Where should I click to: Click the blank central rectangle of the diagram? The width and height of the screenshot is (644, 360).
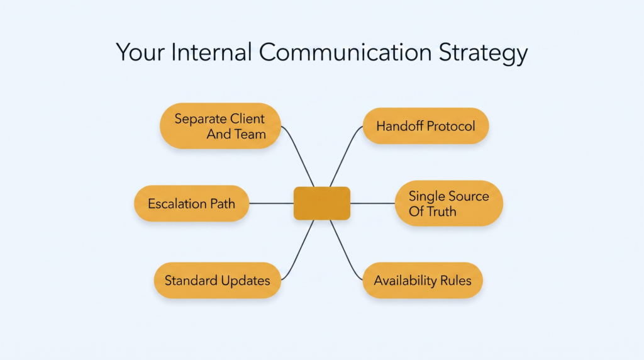(322, 203)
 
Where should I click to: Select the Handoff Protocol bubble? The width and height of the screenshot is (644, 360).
(426, 126)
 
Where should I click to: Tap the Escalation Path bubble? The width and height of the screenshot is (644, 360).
(191, 203)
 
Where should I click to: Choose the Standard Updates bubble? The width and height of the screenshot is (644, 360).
(217, 280)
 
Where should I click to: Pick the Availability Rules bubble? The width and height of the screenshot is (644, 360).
(423, 280)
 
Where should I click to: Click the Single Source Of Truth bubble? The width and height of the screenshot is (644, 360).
(449, 203)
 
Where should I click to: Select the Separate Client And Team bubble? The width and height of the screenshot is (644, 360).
(220, 126)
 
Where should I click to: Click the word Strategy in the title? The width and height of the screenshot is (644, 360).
(483, 53)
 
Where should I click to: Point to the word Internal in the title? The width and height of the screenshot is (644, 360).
(211, 52)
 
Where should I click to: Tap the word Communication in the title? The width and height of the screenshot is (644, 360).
(345, 52)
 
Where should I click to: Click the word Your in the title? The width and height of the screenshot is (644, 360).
(140, 52)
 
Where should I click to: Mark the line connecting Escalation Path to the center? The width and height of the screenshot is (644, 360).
(272, 203)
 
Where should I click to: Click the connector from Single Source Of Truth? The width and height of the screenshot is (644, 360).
(372, 203)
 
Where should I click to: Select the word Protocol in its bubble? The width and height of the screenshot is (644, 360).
(450, 126)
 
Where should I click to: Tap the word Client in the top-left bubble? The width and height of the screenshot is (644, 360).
(247, 118)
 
